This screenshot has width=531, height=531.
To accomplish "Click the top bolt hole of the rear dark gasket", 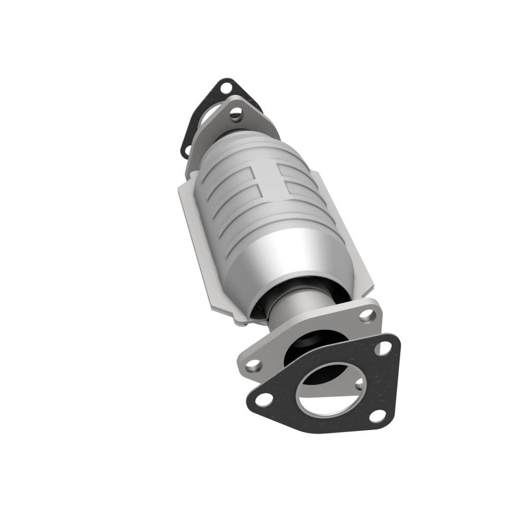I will (x=226, y=87).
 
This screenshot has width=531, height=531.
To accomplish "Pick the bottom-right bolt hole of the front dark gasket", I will (x=378, y=416).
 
